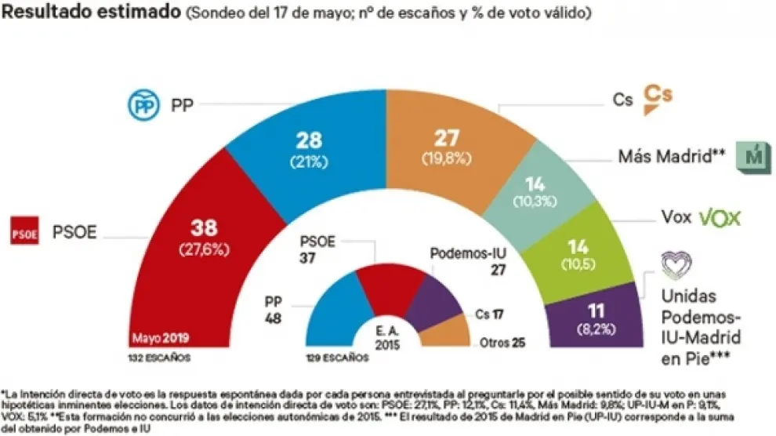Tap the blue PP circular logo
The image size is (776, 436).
[143, 104]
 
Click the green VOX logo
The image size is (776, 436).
[720, 218]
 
